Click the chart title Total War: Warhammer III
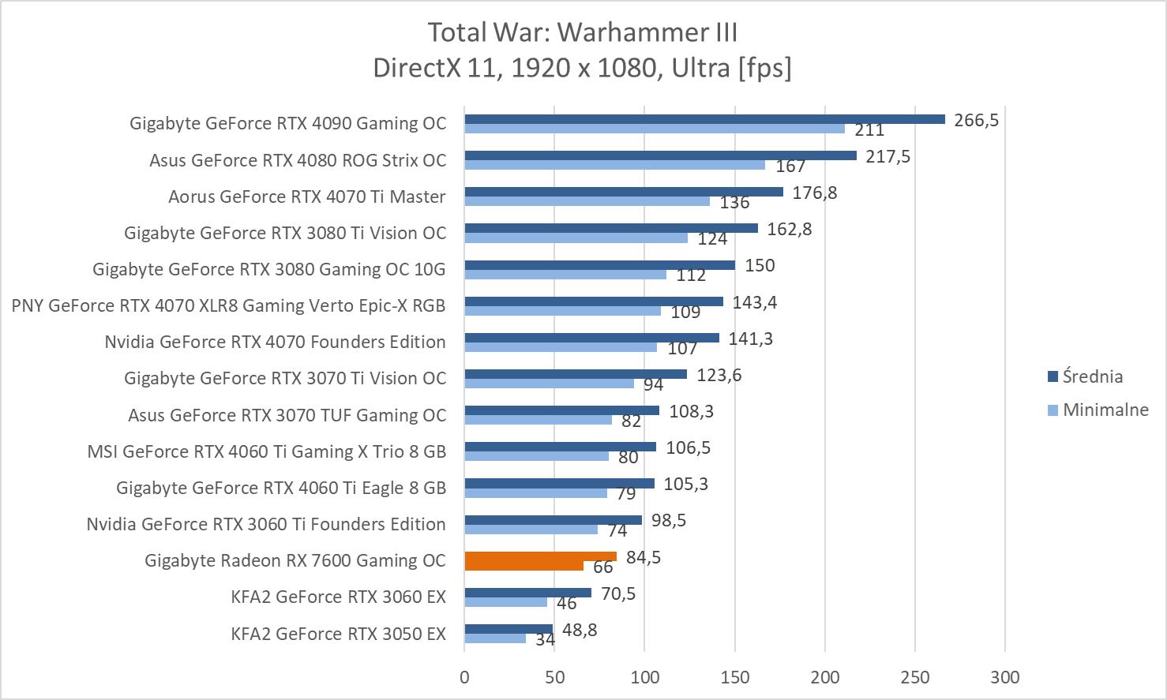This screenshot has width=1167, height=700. pyautogui.click(x=583, y=32)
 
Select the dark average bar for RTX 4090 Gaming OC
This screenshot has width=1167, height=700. pyautogui.click(x=704, y=119)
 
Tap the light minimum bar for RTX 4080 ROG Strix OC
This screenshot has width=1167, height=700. pyautogui.click(x=614, y=165)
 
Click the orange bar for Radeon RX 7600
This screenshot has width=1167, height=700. pyautogui.click(x=540, y=556)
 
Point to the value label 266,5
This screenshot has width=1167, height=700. pyautogui.click(x=976, y=120)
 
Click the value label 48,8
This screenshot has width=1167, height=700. pyautogui.click(x=580, y=630)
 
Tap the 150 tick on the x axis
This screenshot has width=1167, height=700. pyautogui.click(x=735, y=677)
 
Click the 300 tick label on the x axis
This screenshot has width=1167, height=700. pyautogui.click(x=1005, y=677)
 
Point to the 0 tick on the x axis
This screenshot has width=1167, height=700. pyautogui.click(x=464, y=677)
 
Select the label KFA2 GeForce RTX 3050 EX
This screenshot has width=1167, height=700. pyautogui.click(x=338, y=634)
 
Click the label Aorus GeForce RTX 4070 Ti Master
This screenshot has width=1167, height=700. pyautogui.click(x=306, y=197)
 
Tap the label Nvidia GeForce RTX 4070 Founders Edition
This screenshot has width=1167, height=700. pyautogui.click(x=275, y=342)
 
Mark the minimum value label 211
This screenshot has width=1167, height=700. pyautogui.click(x=869, y=130)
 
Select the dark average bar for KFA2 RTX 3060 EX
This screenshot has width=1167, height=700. pyautogui.click(x=527, y=593)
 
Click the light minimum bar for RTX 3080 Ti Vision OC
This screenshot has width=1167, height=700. pyautogui.click(x=576, y=238)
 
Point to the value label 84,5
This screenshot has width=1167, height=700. pyautogui.click(x=644, y=557)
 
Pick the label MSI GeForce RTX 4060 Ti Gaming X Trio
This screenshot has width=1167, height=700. pyautogui.click(x=266, y=451)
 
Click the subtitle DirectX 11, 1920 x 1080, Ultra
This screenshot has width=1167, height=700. pyautogui.click(x=583, y=68)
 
